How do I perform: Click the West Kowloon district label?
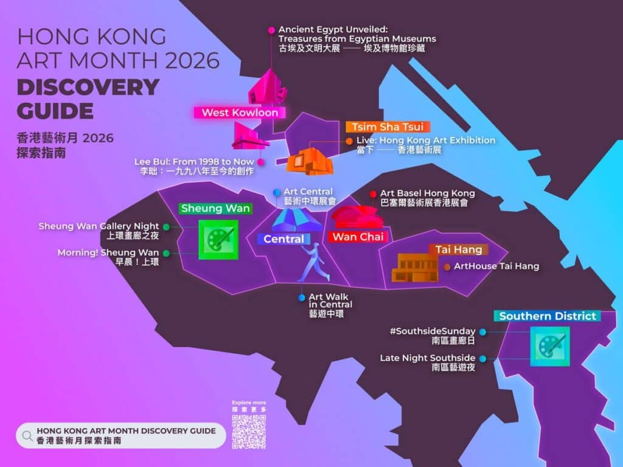(240, 112)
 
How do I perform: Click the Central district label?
(284, 239)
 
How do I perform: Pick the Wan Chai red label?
(357, 237)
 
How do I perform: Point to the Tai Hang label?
(458, 249)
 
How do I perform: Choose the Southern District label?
(548, 316)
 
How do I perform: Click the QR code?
(249, 432)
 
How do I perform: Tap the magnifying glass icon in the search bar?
(27, 435)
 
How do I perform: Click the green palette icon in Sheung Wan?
(218, 240)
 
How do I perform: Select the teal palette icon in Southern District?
(550, 346)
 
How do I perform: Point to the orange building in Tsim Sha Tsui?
(310, 161)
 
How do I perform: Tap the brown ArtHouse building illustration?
(415, 268)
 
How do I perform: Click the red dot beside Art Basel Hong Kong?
(373, 194)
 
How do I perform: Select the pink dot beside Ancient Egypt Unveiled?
(271, 30)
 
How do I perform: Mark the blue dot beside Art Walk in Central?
(302, 297)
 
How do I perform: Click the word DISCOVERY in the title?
(88, 87)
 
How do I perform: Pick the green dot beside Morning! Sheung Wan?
(166, 252)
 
